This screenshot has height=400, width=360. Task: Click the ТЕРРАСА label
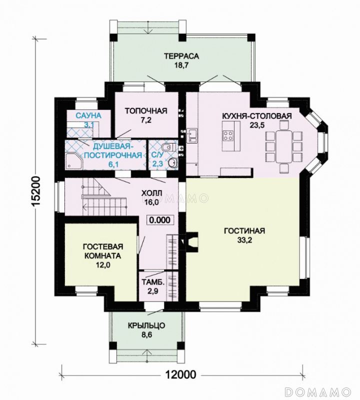point(181,56)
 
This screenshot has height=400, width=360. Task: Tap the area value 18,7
point(181,65)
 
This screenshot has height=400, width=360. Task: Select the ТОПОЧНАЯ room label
point(146,110)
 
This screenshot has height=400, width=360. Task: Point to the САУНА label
point(88,115)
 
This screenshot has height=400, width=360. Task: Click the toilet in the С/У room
point(168,147)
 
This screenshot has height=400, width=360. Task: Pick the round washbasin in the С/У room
point(173,162)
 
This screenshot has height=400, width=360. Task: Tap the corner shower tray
point(73,161)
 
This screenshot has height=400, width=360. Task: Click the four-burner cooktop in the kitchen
point(228,135)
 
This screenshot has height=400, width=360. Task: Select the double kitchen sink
point(191,135)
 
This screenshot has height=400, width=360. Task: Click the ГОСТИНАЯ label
point(244,230)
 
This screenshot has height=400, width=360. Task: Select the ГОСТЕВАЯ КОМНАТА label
point(103,251)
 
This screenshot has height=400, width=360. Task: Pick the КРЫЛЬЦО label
point(146,325)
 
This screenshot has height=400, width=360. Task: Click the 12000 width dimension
point(181,374)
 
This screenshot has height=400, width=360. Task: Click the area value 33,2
point(244,240)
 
